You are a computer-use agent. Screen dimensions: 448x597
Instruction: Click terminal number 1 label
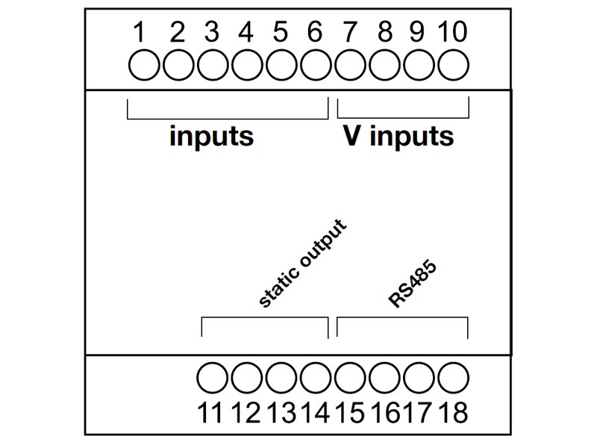[140, 33]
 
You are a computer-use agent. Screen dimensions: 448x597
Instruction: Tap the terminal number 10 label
[452, 33]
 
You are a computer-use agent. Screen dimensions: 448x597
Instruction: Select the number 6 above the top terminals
[315, 33]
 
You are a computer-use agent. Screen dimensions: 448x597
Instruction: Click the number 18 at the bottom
[452, 412]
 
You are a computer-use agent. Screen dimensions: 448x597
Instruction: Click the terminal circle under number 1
[143, 66]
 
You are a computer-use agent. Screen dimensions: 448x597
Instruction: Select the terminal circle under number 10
[452, 66]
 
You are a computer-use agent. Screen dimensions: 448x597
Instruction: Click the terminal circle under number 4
[246, 66]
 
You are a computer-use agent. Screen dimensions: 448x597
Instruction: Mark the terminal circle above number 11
[212, 378]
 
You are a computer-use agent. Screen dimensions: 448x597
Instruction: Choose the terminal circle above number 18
[452, 378]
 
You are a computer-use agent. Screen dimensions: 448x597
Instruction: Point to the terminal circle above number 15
[349, 378]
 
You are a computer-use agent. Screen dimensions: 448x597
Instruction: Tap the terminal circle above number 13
[281, 378]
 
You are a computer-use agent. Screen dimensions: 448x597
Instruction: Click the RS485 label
[412, 285]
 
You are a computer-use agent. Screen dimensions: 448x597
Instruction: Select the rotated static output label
[302, 264]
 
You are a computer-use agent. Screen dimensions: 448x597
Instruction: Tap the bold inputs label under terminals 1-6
[211, 137]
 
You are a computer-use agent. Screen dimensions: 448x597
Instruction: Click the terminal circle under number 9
[418, 66]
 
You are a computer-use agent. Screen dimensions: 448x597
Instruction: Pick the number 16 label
[384, 412]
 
